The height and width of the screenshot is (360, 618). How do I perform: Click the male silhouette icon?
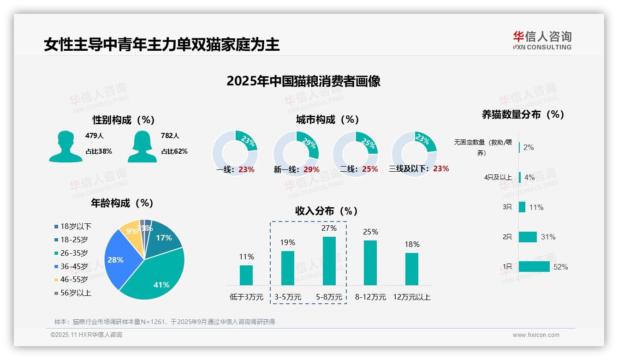pyautogui.click(x=65, y=146)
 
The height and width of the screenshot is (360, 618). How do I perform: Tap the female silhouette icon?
pyautogui.click(x=142, y=146)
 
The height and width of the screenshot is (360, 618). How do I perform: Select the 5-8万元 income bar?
pyautogui.click(x=329, y=261)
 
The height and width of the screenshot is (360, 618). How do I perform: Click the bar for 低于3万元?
pyautogui.click(x=246, y=275)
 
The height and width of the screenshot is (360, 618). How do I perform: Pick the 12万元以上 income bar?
pyautogui.click(x=412, y=269)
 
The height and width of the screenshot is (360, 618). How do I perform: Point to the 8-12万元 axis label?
pyautogui.click(x=370, y=297)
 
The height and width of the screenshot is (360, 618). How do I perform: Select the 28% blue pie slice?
pyautogui.click(x=120, y=258)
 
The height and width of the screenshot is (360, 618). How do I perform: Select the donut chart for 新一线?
pyautogui.click(x=296, y=153)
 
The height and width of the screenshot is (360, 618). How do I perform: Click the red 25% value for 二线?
pyautogui.click(x=370, y=169)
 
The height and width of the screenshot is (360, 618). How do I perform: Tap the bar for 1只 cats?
pyautogui.click(x=534, y=266)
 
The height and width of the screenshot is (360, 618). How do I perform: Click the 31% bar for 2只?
pyautogui.click(x=528, y=237)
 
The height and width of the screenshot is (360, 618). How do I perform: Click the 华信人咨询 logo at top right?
pyautogui.click(x=542, y=40)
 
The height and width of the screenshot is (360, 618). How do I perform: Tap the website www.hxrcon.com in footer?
pyautogui.click(x=535, y=335)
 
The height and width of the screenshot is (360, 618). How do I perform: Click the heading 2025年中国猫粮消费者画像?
pyautogui.click(x=303, y=81)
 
